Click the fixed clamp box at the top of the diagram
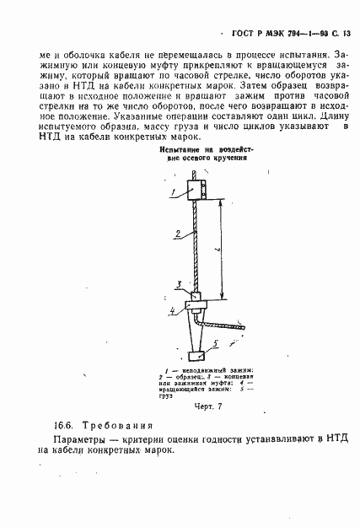tap(192, 188)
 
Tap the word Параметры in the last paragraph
tap(75, 440)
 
